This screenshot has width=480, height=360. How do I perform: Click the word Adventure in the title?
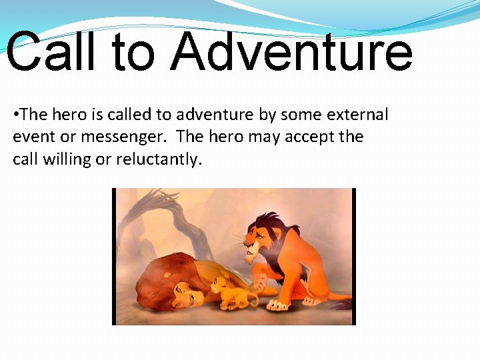[x=291, y=52]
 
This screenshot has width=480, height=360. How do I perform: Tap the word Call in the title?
[x=52, y=52]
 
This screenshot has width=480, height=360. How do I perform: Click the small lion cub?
[x=229, y=293]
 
